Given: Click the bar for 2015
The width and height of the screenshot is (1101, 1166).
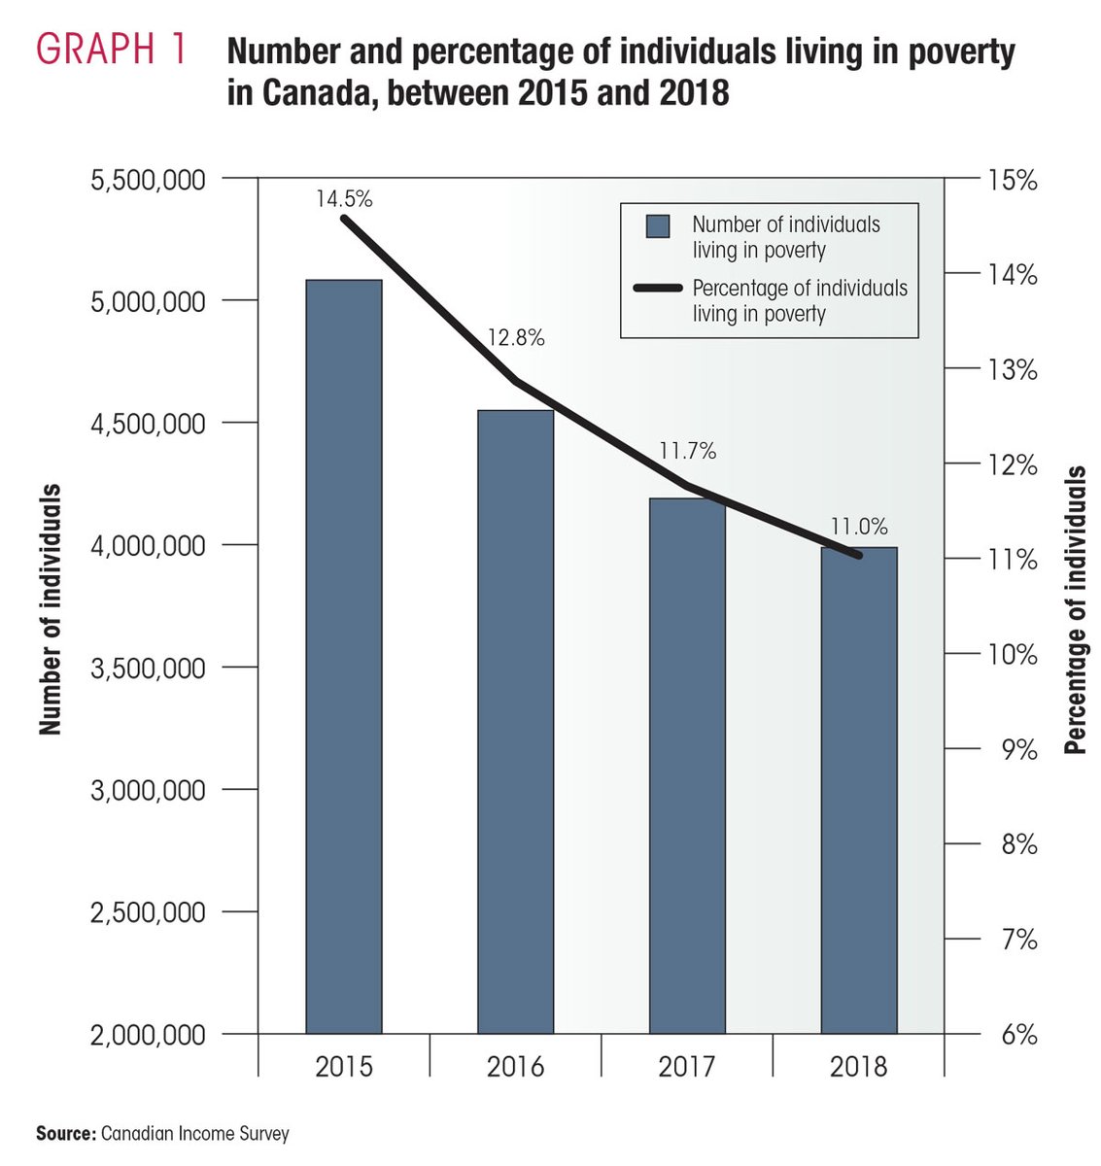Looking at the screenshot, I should (343, 656).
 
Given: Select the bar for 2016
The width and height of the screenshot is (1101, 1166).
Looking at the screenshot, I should (515, 721).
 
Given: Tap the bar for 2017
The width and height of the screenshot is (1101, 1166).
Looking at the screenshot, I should (687, 765).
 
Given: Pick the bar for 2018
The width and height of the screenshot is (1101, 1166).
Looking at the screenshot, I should (859, 789).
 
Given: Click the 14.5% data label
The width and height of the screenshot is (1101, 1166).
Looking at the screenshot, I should (344, 199).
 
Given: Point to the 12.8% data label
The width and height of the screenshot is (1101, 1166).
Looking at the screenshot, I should (516, 338).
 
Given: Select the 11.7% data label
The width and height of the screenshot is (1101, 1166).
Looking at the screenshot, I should (687, 451).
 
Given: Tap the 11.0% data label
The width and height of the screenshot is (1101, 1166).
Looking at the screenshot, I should (859, 527).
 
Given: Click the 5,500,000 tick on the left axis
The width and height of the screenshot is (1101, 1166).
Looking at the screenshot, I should (148, 180).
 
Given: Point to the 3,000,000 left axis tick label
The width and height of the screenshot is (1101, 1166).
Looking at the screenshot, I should (148, 790).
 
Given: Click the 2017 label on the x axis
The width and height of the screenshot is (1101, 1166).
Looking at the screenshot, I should (687, 1066).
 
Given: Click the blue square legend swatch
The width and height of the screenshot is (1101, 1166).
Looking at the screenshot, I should (658, 226).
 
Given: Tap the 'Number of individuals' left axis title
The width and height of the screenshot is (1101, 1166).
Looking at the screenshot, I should (51, 609).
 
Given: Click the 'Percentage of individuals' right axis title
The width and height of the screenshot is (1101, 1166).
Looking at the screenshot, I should (1075, 609).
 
